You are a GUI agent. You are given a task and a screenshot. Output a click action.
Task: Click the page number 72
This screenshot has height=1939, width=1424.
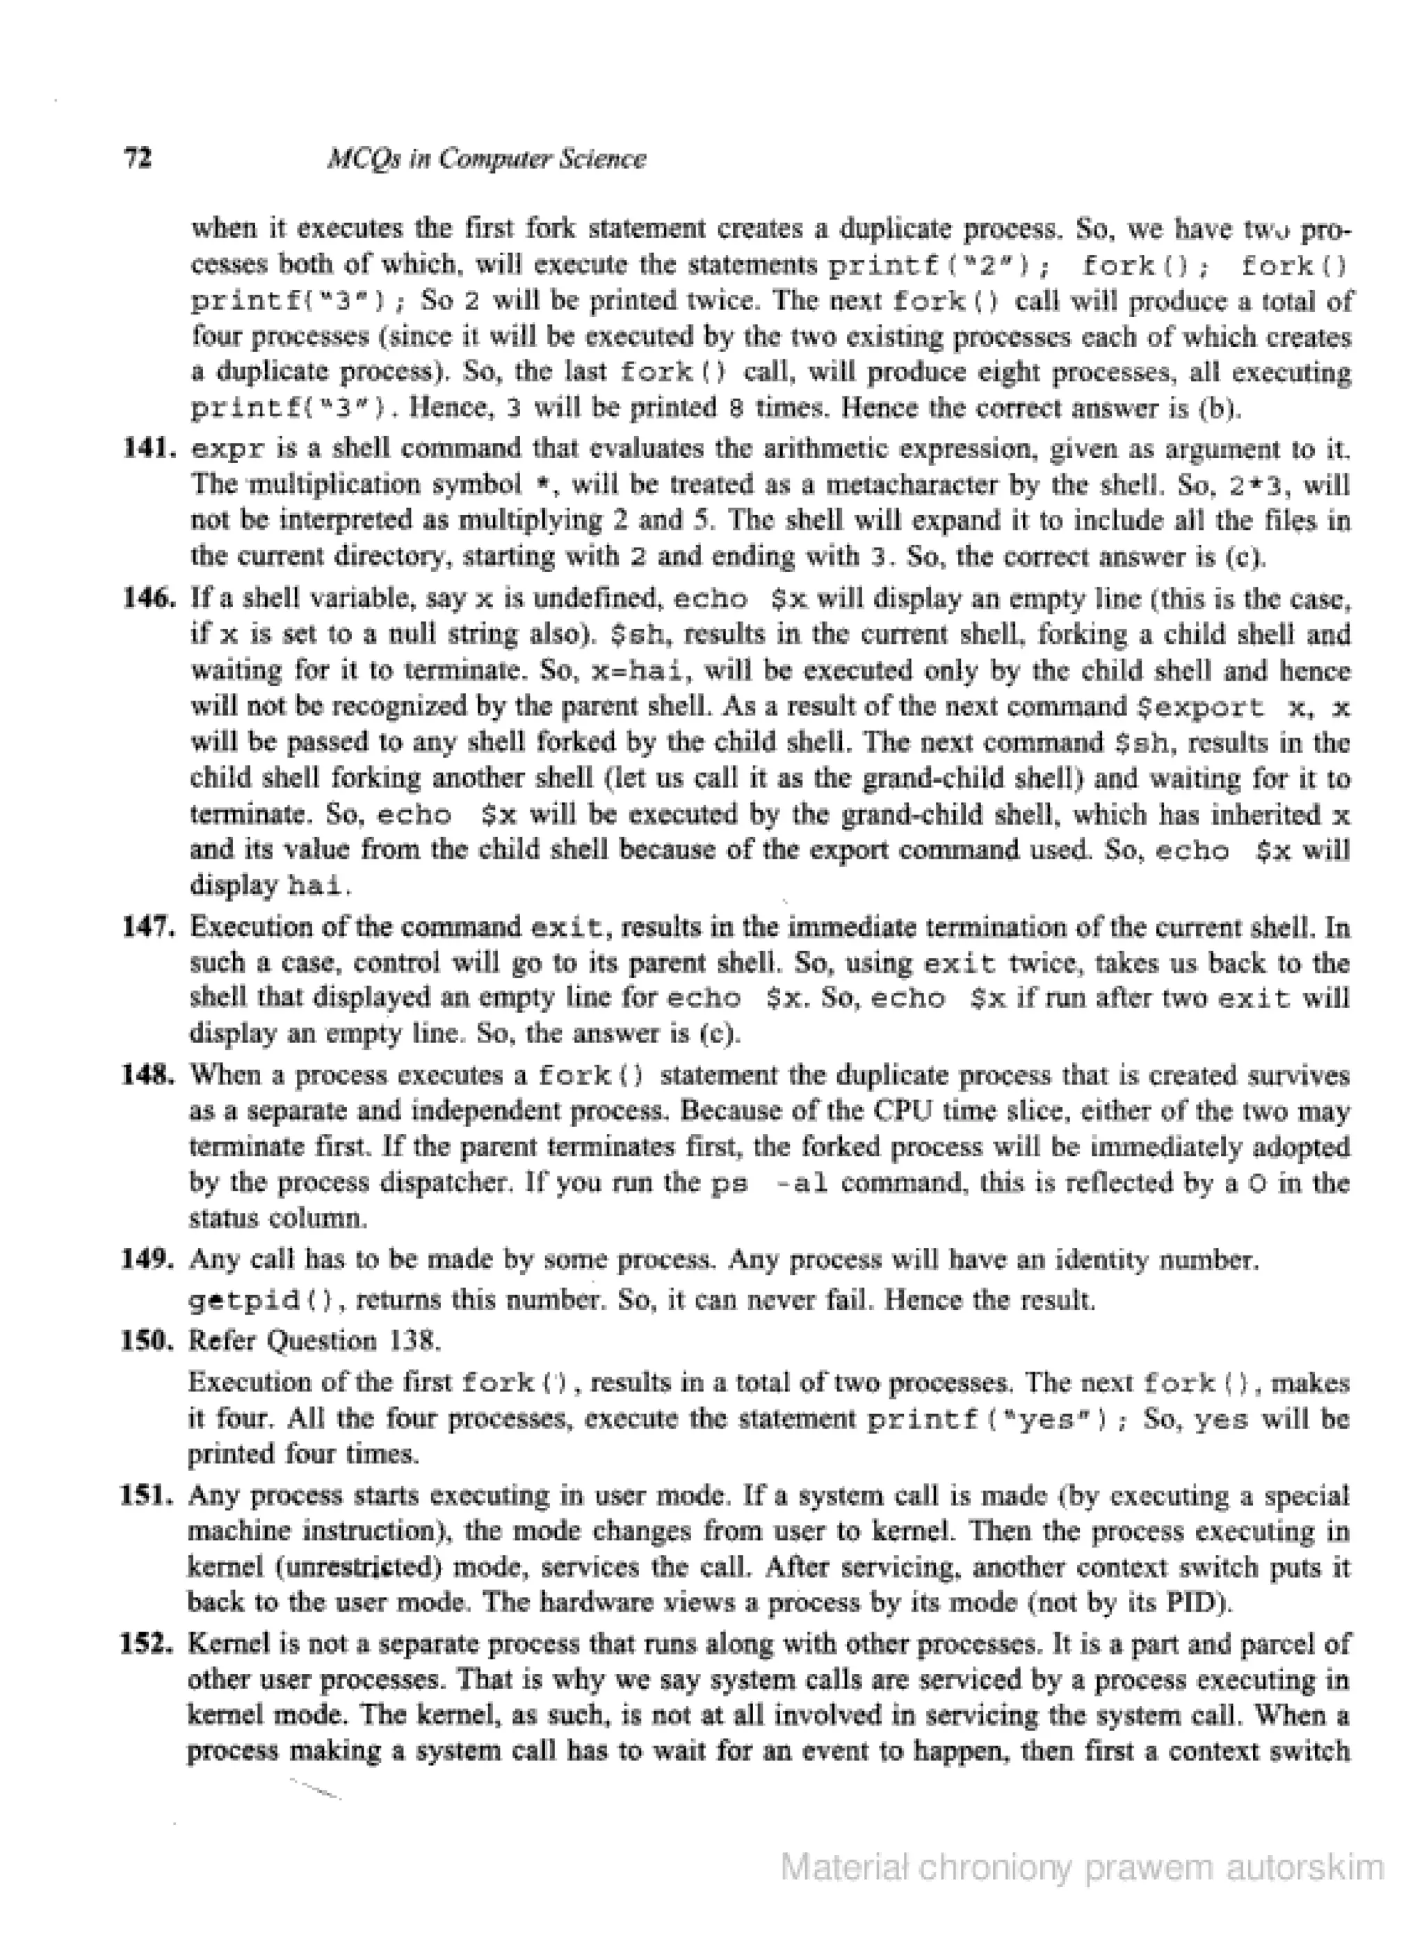[x=138, y=159]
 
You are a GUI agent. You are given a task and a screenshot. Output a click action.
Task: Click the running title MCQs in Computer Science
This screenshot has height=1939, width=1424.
[x=486, y=159]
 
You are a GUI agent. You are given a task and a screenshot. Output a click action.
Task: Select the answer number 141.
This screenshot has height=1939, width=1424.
[x=150, y=448]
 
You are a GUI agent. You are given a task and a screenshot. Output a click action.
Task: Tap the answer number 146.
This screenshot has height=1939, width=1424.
[x=150, y=598]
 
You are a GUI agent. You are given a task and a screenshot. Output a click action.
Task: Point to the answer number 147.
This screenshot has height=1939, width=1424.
[x=150, y=927]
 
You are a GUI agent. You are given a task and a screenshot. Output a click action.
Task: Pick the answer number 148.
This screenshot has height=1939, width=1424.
[x=150, y=1076]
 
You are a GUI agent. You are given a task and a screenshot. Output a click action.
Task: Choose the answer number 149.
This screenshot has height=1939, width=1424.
[x=150, y=1260]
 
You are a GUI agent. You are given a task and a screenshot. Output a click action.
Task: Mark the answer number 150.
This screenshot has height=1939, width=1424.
[x=150, y=1341]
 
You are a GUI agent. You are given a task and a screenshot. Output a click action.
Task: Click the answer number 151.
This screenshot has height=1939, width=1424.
[x=150, y=1495]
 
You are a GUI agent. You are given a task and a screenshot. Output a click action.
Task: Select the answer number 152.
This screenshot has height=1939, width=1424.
[x=150, y=1644]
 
